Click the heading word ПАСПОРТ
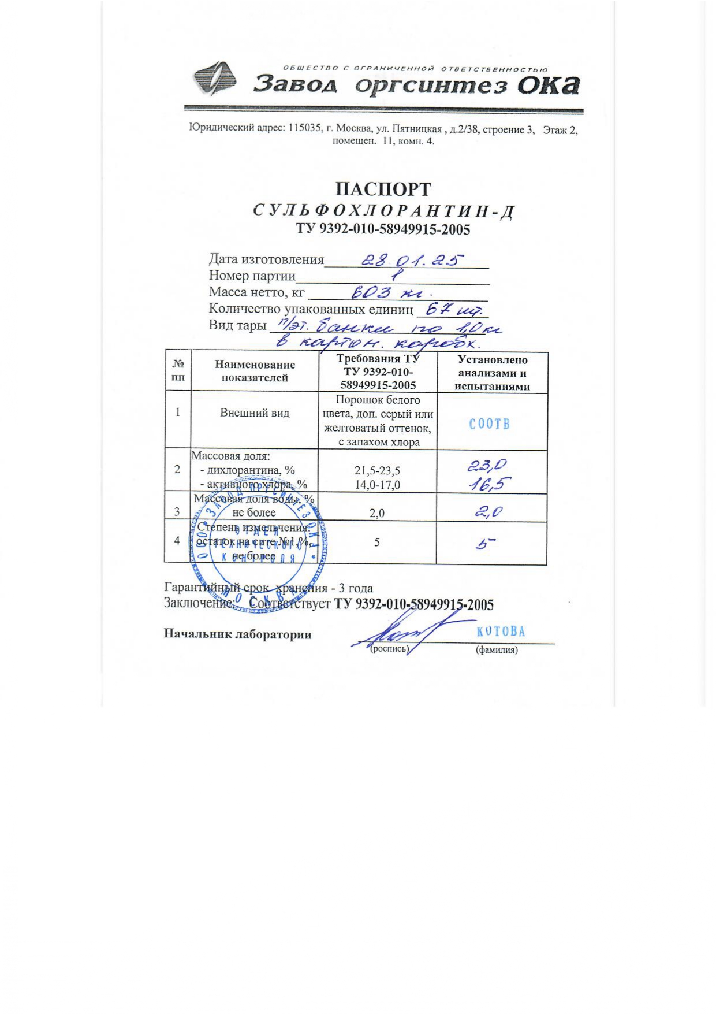tap(383, 190)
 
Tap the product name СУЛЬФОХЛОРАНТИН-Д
tap(383, 211)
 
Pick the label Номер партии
tap(252, 276)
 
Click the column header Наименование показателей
tap(255, 371)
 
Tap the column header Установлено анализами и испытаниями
tap(492, 373)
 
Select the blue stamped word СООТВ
tap(489, 424)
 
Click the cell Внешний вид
tap(255, 413)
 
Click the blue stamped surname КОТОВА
tap(501, 632)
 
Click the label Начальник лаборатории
tap(237, 634)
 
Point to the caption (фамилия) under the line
tap(496, 650)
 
